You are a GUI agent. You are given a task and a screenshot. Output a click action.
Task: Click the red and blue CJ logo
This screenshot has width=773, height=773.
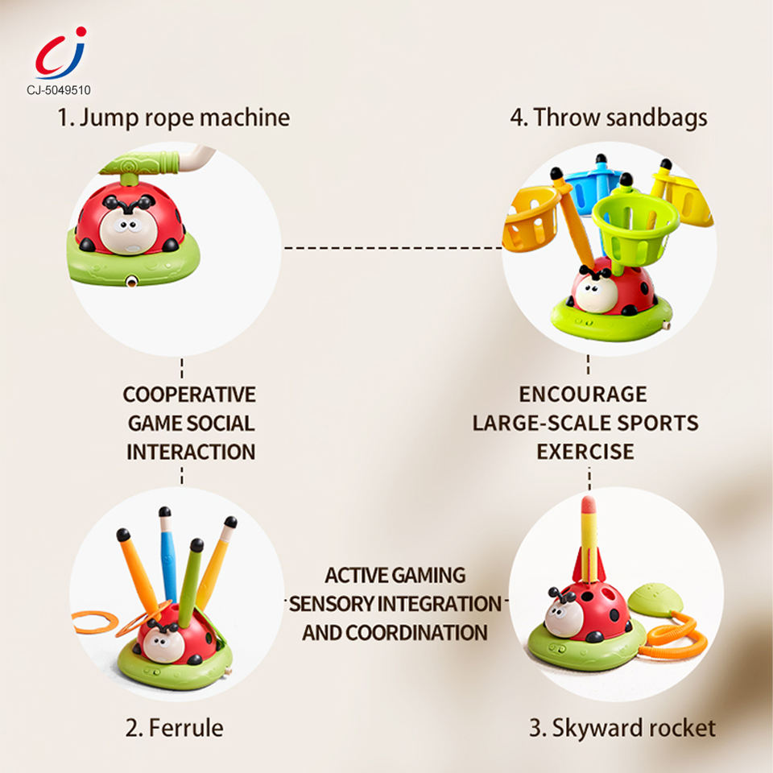tap(60, 53)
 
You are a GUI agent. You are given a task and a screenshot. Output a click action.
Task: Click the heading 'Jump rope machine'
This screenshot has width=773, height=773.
tap(173, 118)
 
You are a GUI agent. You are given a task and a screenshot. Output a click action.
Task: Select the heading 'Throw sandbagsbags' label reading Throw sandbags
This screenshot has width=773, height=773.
tap(609, 118)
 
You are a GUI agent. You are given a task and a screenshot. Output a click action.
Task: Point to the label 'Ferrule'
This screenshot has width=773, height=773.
tap(174, 729)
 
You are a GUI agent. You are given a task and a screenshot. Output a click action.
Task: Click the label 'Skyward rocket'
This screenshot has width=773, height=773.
tap(622, 729)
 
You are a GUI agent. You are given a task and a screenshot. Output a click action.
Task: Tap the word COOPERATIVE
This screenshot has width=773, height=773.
tap(189, 395)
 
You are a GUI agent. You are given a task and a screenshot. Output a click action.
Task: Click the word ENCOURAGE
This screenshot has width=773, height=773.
tap(583, 395)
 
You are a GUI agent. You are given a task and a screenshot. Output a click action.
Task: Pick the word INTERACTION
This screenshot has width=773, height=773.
tap(191, 452)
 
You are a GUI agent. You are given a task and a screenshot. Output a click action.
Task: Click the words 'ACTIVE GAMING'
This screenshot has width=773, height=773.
tap(395, 576)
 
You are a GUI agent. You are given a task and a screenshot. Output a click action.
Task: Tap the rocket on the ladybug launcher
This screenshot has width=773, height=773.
tap(589, 539)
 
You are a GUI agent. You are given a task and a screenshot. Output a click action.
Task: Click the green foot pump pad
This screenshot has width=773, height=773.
tap(654, 598)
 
